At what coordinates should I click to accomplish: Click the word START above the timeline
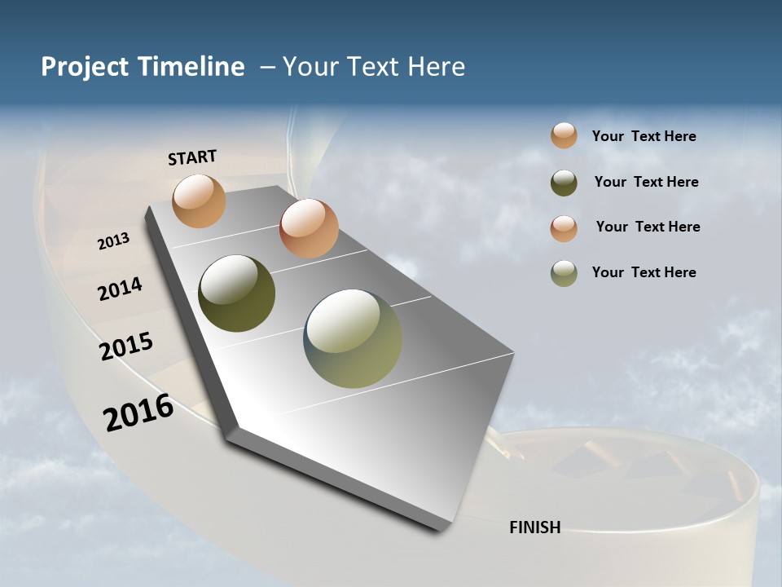pyautogui.click(x=192, y=157)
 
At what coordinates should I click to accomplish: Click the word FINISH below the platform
pyautogui.click(x=535, y=527)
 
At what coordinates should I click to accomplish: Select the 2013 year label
pyautogui.click(x=114, y=241)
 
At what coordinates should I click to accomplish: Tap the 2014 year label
pyautogui.click(x=121, y=289)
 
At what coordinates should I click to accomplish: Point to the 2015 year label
pyautogui.click(x=126, y=346)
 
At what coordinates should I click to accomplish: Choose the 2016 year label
pyautogui.click(x=138, y=413)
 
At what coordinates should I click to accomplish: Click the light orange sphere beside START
pyautogui.click(x=200, y=201)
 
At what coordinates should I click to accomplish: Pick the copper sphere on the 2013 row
pyautogui.click(x=309, y=228)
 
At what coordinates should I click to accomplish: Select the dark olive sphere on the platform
pyautogui.click(x=237, y=293)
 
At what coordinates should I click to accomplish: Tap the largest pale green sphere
pyautogui.click(x=353, y=339)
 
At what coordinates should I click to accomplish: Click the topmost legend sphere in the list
pyautogui.click(x=564, y=135)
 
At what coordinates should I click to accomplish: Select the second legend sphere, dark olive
pyautogui.click(x=564, y=183)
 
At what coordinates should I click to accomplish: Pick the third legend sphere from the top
pyautogui.click(x=564, y=227)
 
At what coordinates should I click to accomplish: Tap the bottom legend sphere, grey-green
pyautogui.click(x=564, y=273)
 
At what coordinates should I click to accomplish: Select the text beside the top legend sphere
pyautogui.click(x=644, y=137)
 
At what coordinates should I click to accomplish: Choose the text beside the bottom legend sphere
pyautogui.click(x=644, y=272)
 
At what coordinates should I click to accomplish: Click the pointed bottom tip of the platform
pyautogui.click(x=441, y=530)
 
